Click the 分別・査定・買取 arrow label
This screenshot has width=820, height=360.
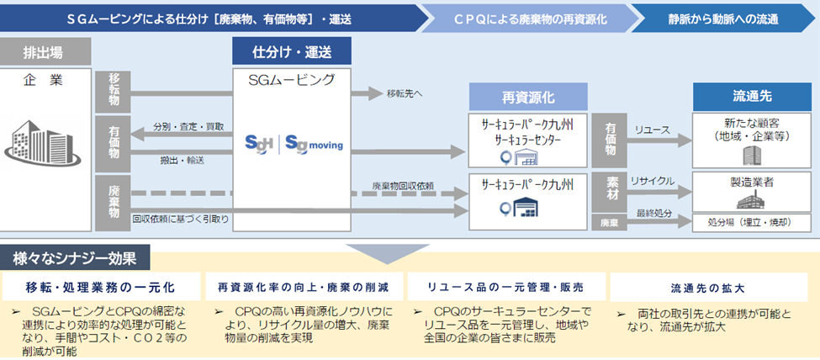tap(188, 126)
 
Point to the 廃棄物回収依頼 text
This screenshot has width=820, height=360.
tap(403, 185)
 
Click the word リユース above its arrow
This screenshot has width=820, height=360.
tap(652, 130)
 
